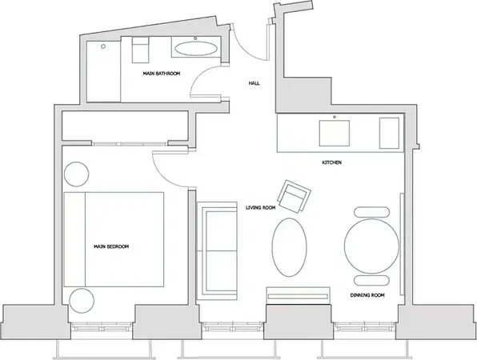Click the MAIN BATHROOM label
161,74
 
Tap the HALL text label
255,82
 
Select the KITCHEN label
332,162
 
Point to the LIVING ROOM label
261,207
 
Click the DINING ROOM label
367,295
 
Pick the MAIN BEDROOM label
111,246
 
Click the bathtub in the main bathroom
196,48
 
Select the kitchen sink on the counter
332,131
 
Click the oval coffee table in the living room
288,248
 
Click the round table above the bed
76,173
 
